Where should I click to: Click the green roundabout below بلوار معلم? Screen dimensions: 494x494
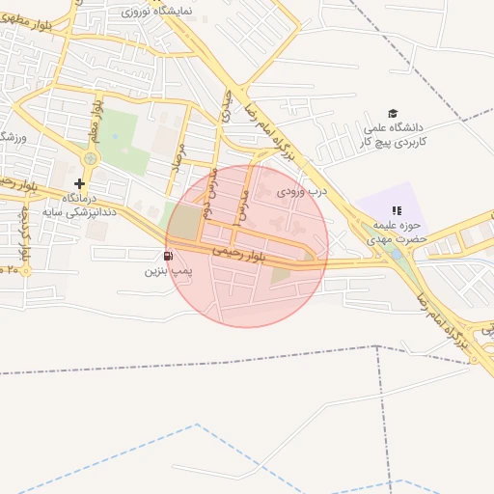[91, 158]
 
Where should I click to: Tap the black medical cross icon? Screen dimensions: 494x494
[79, 182]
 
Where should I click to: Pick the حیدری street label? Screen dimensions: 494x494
[227, 106]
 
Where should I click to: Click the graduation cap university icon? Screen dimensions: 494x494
[392, 114]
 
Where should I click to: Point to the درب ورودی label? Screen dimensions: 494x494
[302, 191]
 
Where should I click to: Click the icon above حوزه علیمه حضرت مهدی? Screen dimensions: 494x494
[396, 210]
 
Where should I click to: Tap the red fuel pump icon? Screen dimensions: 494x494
[170, 256]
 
